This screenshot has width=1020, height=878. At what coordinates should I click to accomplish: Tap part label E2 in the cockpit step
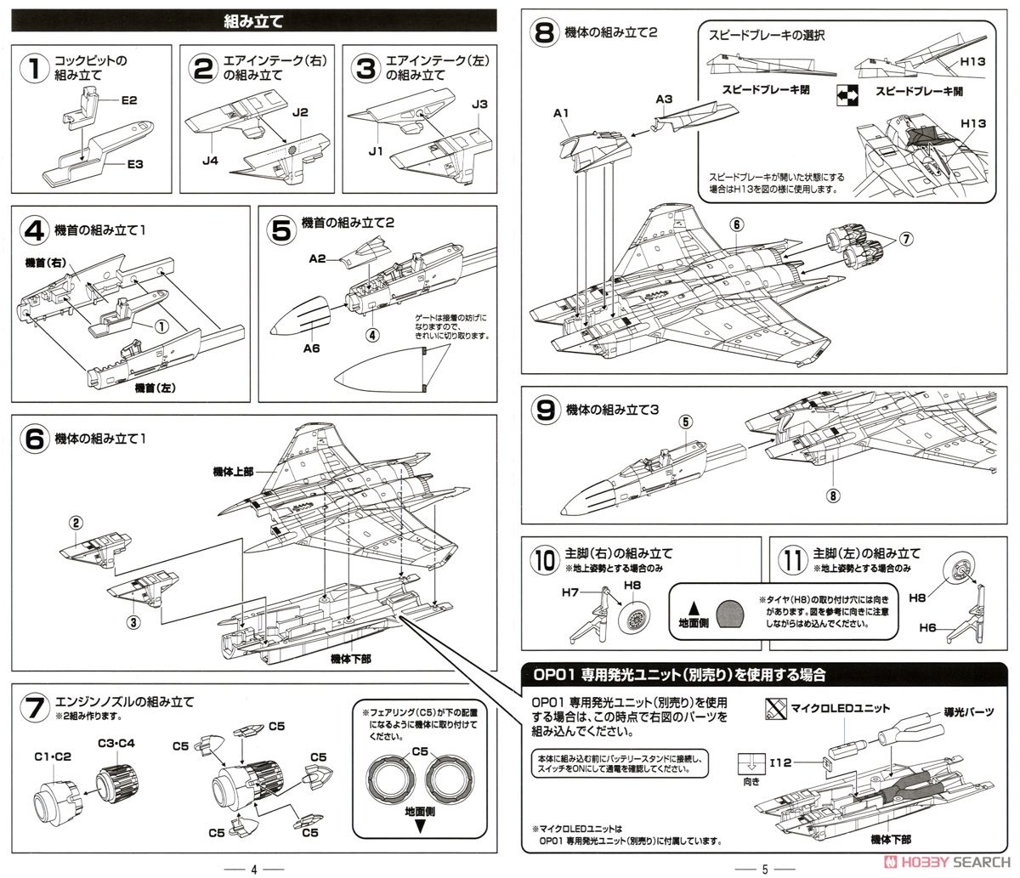point(129,99)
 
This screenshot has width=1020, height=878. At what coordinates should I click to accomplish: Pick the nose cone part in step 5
point(300,316)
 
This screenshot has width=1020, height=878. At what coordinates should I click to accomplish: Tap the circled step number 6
point(35,440)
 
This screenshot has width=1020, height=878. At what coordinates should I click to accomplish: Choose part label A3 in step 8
point(666,99)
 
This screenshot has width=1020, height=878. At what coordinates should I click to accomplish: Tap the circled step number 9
point(545,411)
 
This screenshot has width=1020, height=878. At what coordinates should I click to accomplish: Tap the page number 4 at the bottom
point(253,869)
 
